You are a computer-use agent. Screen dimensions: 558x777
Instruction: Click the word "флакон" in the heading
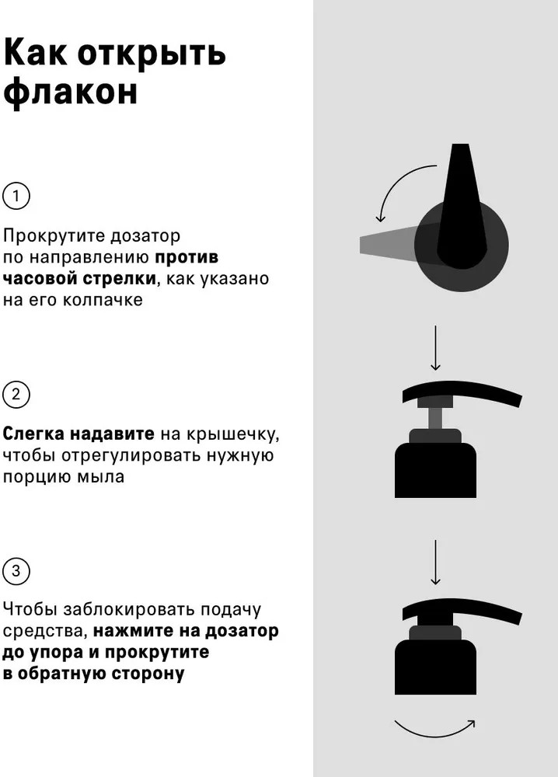click(x=70, y=92)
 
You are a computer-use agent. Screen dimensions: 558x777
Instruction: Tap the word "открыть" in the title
click(x=152, y=53)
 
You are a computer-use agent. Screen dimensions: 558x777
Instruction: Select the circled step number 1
click(x=16, y=196)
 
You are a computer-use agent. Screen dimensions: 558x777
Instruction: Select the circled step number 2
click(x=16, y=395)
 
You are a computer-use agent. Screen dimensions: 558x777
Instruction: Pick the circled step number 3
click(x=16, y=571)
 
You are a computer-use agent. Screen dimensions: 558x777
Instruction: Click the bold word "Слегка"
click(x=33, y=434)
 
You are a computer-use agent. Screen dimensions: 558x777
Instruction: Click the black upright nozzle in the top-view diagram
click(x=461, y=206)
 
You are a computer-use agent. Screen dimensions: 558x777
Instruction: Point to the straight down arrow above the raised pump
click(x=435, y=348)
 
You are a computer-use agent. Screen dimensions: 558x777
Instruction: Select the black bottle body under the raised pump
click(x=435, y=470)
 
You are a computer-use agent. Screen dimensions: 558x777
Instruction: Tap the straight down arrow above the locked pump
click(x=435, y=563)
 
